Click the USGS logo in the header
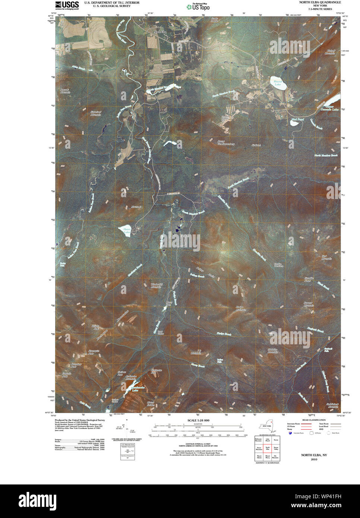click(67, 5)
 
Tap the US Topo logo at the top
click(198, 6)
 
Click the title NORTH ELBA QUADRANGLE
click(320, 2)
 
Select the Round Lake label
click(278, 83)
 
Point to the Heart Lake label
click(127, 231)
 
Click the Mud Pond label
click(297, 120)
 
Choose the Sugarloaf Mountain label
click(96, 113)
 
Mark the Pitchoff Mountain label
click(330, 52)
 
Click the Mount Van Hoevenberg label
click(226, 142)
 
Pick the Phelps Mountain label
click(240, 308)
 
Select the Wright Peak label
click(95, 328)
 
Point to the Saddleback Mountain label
click(333, 405)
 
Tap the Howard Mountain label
click(308, 304)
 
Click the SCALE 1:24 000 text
click(198, 420)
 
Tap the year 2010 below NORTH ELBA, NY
click(314, 459)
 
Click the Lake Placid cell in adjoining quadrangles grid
click(267, 440)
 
